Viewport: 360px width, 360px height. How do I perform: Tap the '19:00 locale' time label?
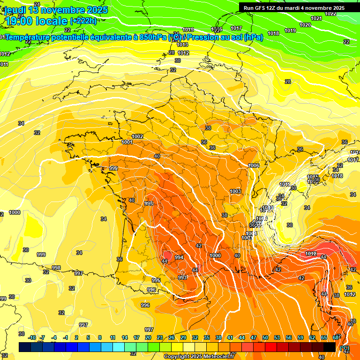36,21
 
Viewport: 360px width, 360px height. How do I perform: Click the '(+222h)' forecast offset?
84,21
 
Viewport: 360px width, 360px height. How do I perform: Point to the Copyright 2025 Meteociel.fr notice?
198,356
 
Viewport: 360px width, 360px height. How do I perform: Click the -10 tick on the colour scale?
32,338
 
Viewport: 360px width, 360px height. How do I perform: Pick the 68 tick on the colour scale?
336,338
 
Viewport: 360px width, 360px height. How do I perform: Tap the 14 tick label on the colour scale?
124,338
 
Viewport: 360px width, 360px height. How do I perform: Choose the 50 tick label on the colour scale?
265,338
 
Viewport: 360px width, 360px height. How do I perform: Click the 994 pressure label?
179,257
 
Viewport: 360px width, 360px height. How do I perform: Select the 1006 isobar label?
254,165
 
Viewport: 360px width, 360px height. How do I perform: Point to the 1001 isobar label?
127,142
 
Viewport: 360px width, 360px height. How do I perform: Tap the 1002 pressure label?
137,136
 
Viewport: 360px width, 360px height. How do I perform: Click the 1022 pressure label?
330,14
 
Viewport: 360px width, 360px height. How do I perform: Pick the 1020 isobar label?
305,25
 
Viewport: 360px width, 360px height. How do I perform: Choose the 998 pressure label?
56,268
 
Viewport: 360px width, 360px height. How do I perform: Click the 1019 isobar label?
290,30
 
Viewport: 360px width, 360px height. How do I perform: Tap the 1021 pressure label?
316,18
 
